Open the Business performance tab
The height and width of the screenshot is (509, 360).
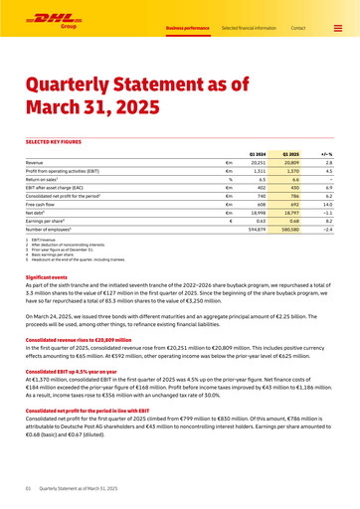[187, 28]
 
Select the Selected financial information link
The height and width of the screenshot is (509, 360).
[249, 28]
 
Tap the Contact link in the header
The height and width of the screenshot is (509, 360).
[297, 28]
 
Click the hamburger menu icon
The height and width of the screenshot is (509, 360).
[337, 28]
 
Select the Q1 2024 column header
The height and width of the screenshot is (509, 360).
[257, 154]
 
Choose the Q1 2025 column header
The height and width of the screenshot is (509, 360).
[290, 154]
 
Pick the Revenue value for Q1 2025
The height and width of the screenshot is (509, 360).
[290, 162]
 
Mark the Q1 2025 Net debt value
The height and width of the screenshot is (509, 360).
[290, 212]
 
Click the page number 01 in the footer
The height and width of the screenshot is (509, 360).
[29, 488]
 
